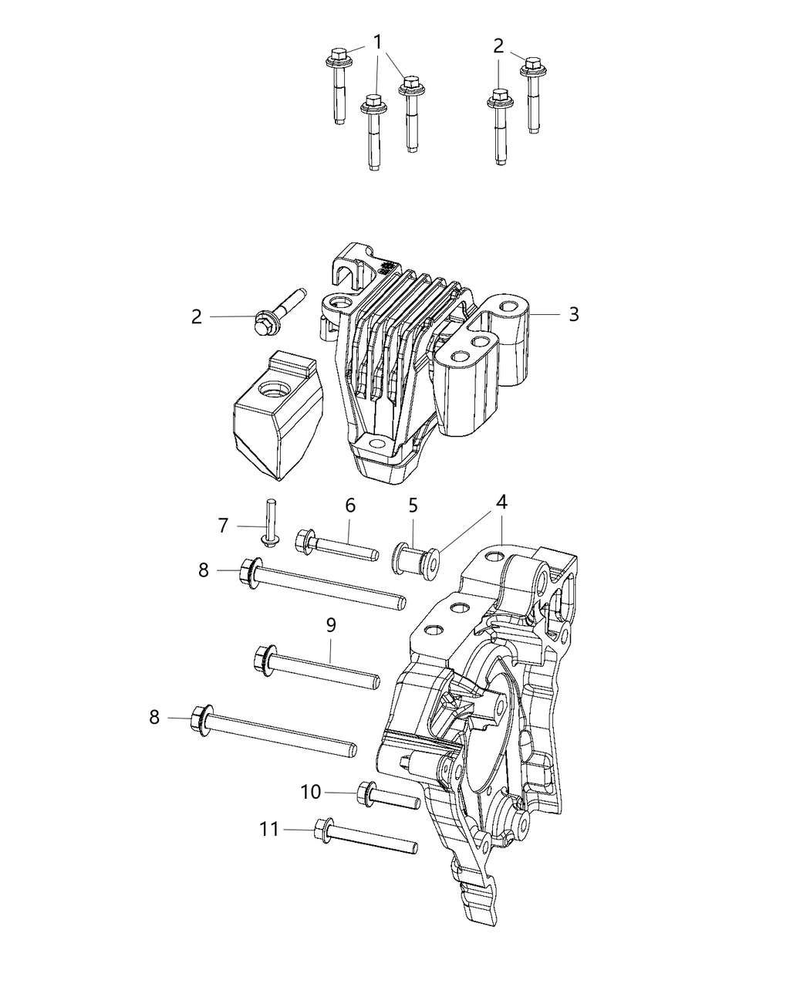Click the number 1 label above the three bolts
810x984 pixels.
[x=378, y=41]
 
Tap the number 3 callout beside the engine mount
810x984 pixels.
[x=573, y=314]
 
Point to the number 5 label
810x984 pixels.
[x=413, y=506]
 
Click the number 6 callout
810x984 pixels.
[x=350, y=506]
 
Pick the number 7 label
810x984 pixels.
[x=223, y=526]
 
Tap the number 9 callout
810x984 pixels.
[x=330, y=624]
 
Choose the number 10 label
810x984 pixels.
[x=310, y=792]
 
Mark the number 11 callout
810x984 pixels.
[x=268, y=829]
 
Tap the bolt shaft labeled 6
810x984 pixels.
[x=347, y=546]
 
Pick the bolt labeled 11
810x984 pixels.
[x=366, y=837]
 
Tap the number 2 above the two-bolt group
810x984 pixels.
[x=498, y=46]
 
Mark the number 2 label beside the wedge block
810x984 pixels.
[x=197, y=316]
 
